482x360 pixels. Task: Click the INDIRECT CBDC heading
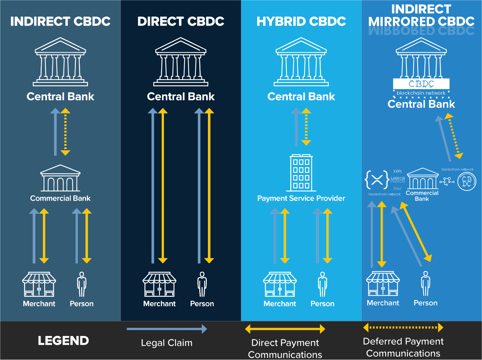(x=60, y=21)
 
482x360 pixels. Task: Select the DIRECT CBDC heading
(x=180, y=21)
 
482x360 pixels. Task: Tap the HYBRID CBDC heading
(x=301, y=21)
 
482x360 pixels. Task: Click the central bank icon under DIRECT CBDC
(x=181, y=62)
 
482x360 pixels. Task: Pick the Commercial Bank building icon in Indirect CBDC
(x=60, y=178)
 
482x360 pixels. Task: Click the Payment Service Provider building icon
(x=301, y=173)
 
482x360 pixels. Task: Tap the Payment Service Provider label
(x=301, y=198)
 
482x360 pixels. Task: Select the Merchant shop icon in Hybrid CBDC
(x=280, y=284)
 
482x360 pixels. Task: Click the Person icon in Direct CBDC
(x=202, y=284)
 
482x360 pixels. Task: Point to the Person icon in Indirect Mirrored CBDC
(x=426, y=284)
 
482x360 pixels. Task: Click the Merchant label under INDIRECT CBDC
(x=39, y=304)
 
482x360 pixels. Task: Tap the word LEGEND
(x=63, y=341)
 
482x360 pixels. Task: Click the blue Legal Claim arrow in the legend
(x=167, y=329)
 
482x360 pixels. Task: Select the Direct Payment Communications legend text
(x=285, y=348)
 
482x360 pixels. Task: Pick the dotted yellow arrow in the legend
(x=403, y=328)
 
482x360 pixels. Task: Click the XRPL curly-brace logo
(x=377, y=180)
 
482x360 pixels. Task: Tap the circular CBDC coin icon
(x=467, y=182)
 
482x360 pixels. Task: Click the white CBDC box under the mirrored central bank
(x=421, y=83)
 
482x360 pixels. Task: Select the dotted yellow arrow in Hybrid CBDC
(x=306, y=127)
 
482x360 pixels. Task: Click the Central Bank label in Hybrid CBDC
(x=301, y=97)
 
